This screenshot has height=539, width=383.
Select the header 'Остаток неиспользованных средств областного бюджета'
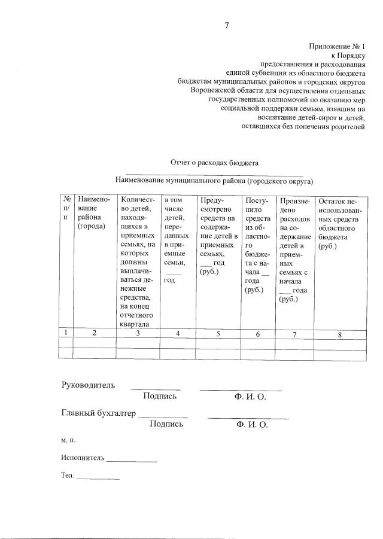pyautogui.click(x=340, y=224)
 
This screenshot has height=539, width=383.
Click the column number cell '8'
pyautogui.click(x=339, y=334)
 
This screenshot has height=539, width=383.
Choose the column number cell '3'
pyautogui.click(x=138, y=333)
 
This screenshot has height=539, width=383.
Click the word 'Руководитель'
pyautogui.click(x=89, y=385)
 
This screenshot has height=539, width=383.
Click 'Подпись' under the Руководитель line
pyautogui.click(x=160, y=396)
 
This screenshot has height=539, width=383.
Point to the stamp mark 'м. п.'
pyautogui.click(x=68, y=441)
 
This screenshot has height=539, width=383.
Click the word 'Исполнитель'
pyautogui.click(x=83, y=459)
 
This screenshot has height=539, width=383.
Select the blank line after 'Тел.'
pyautogui.click(x=98, y=479)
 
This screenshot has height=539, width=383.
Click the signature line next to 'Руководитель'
pyautogui.click(x=156, y=388)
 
